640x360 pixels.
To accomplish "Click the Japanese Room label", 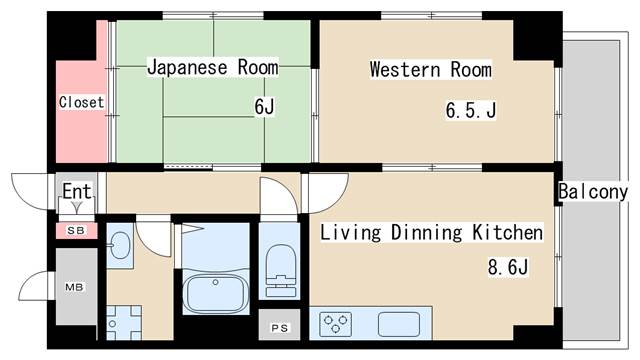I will pyautogui.click(x=213, y=67).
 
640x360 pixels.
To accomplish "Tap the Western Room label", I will pyautogui.click(x=430, y=69).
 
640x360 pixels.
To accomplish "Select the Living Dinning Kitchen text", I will pyautogui.click(x=431, y=233).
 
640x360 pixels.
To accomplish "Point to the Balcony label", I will pyautogui.click(x=593, y=191).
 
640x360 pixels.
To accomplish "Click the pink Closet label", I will pyautogui.click(x=81, y=102).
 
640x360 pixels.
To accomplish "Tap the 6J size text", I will pyautogui.click(x=264, y=106).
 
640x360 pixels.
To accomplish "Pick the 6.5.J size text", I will pyautogui.click(x=470, y=110).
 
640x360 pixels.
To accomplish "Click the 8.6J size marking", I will pyautogui.click(x=507, y=267).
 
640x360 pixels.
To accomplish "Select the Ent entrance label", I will pyautogui.click(x=77, y=190).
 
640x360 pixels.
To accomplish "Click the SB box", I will pyautogui.click(x=76, y=230).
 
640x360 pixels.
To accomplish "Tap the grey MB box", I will pyautogui.click(x=76, y=286).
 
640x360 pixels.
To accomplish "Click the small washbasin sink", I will pyautogui.click(x=120, y=244).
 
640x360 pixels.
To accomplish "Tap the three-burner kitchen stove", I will pyautogui.click(x=337, y=324).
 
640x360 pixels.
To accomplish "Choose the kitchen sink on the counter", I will pyautogui.click(x=398, y=323).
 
